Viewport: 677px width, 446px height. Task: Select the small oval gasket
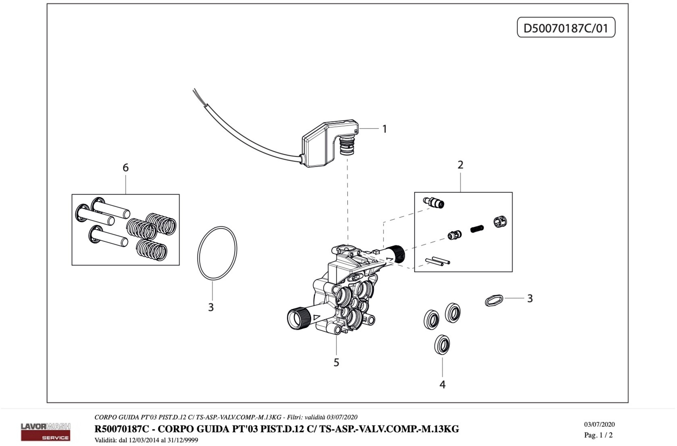coord(494,300)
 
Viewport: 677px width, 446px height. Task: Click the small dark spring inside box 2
coord(477,228)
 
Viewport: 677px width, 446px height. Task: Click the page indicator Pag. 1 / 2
coord(598,435)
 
